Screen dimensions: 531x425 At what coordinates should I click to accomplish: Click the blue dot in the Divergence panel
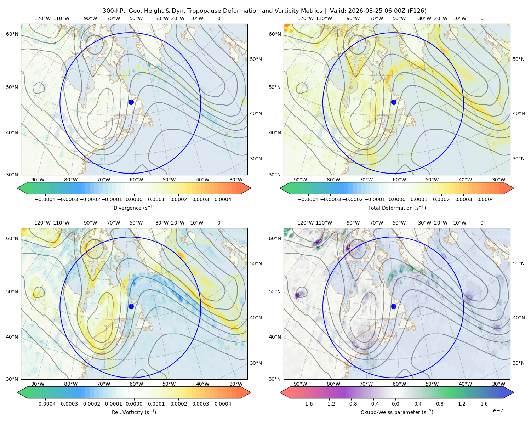[131, 102]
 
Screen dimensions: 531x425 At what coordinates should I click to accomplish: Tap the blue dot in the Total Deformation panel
[394, 102]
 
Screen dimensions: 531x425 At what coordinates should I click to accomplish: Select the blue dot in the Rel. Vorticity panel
[131, 306]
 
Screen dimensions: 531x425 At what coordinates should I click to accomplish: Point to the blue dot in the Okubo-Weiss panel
[394, 306]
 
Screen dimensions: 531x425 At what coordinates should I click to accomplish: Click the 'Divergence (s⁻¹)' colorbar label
[134, 208]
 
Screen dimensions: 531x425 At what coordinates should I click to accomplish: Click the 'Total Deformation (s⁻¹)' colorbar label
[397, 208]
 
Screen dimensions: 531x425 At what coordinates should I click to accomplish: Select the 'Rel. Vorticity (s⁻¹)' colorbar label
[134, 412]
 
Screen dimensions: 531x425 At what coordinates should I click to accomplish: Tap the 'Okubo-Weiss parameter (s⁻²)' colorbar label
[397, 412]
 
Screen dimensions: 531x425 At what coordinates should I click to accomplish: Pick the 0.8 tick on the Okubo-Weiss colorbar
[440, 404]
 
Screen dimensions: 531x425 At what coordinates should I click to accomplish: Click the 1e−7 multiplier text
[496, 410]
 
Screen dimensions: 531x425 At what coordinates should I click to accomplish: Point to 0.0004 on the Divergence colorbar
[223, 199]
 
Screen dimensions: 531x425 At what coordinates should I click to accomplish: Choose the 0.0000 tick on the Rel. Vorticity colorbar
[134, 404]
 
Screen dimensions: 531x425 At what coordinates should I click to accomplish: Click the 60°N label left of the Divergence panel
[12, 34]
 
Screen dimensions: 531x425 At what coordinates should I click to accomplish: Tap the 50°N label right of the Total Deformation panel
[518, 59]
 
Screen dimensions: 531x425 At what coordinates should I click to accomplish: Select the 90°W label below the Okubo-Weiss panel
[300, 384]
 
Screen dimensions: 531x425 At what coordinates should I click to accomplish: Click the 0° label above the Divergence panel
[220, 18]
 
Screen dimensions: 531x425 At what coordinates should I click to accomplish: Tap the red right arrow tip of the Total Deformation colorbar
[513, 188]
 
